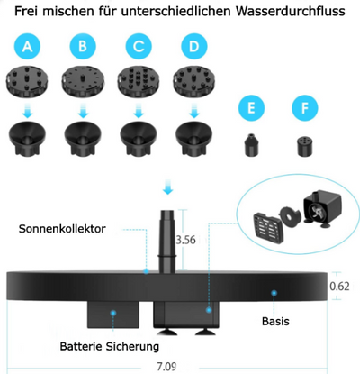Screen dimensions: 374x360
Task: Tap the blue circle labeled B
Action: [83, 47]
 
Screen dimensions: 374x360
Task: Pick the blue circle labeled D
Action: [192, 47]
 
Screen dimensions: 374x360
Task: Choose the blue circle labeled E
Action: [252, 110]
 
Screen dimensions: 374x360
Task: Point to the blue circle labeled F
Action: [304, 110]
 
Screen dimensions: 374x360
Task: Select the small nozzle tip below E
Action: [252, 144]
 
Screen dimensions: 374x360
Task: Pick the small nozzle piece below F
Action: [304, 144]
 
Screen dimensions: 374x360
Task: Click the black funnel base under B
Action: [83, 137]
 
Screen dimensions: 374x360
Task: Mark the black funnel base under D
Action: [192, 137]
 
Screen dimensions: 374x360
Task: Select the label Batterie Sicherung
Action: [110, 346]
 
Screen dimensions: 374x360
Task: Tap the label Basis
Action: [274, 322]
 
